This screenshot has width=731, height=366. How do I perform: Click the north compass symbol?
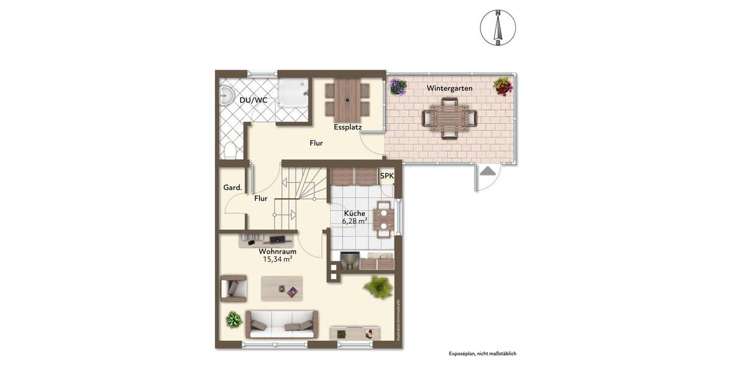point(498,28)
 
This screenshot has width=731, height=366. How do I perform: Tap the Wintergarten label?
point(450,88)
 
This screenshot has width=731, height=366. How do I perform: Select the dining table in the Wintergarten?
point(450,118)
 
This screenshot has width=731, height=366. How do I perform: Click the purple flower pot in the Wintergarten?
point(398,87)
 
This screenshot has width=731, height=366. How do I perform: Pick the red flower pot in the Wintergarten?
point(503,86)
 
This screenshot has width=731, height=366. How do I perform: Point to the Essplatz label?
point(348,127)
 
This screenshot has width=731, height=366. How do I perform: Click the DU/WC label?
point(253,99)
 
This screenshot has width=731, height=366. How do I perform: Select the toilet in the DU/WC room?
point(229,149)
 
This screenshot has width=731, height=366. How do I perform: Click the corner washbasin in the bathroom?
point(227,95)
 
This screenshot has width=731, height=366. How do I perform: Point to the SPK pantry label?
point(387,176)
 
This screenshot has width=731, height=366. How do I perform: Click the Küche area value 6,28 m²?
point(355,221)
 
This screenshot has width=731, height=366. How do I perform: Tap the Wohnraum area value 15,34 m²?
point(277,259)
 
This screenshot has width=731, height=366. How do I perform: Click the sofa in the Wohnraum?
point(281,323)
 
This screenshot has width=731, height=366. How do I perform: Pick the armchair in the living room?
point(234,288)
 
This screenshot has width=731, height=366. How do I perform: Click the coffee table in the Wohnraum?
point(281,289)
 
